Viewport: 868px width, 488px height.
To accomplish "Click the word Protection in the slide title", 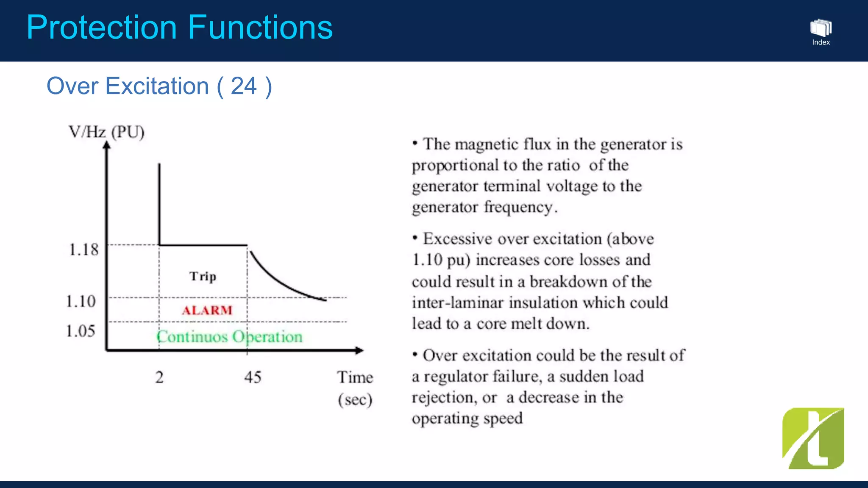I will point(101,28).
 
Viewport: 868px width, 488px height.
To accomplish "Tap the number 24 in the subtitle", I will point(244,86).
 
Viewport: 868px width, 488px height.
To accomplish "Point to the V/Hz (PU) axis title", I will point(106,132).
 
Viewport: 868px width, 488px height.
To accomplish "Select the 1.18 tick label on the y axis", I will point(83,250).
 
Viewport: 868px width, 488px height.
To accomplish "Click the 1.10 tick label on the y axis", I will point(81,301).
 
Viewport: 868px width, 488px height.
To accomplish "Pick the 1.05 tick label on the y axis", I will point(81,331).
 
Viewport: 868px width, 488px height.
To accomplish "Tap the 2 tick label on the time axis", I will point(159,377).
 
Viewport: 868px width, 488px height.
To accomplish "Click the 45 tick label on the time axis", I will point(253,377).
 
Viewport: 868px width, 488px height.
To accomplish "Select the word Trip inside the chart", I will point(203,276).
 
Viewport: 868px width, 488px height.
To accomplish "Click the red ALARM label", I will point(207,311).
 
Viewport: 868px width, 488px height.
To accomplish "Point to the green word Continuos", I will point(192,337).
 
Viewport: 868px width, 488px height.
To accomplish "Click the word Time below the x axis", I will point(355,377).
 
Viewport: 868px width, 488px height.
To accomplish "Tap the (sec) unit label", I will point(355,399).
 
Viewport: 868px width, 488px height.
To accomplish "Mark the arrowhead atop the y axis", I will point(106,146).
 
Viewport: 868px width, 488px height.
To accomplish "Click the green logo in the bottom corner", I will point(813,438).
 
